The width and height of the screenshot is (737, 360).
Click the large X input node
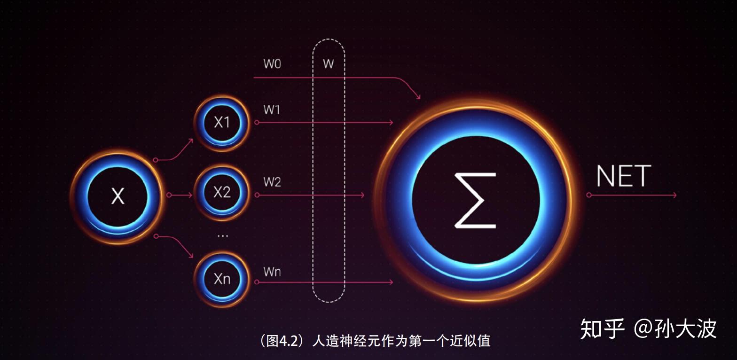click(118, 196)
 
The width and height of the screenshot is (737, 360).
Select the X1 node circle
click(222, 123)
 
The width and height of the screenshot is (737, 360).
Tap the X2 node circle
click(222, 193)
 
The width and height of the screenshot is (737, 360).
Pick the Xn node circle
click(222, 279)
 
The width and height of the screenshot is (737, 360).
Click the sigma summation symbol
click(475, 201)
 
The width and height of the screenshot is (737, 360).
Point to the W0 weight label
click(272, 64)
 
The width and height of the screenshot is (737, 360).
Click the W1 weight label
click(272, 110)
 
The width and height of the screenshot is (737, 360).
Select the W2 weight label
click(272, 182)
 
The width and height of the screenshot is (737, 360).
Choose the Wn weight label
click(272, 272)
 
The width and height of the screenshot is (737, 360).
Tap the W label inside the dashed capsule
click(329, 64)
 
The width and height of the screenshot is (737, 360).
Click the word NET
click(623, 177)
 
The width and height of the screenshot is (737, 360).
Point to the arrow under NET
click(632, 195)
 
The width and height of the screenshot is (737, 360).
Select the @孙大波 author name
click(675, 329)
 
